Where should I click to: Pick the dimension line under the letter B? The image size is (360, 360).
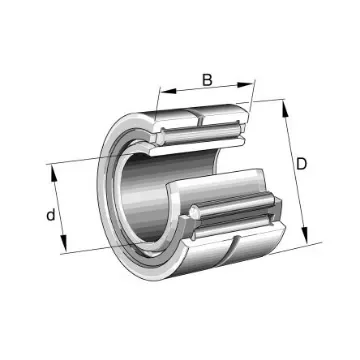pos(208,92)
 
